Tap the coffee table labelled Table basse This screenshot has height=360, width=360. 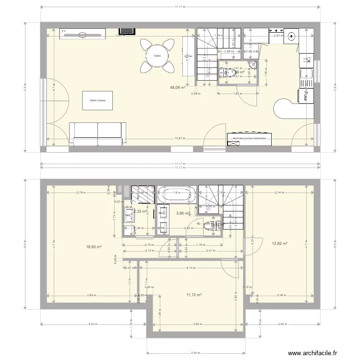pyautogui.click(x=97, y=101)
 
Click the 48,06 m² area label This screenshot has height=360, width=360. pyautogui.click(x=177, y=88)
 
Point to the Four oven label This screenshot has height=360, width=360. pyautogui.click(x=304, y=96)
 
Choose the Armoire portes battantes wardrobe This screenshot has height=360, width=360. pyautogui.click(x=249, y=138)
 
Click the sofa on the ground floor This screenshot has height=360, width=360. pyautogui.click(x=97, y=133)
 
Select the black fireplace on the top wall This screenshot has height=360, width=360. pyautogui.click(x=130, y=30)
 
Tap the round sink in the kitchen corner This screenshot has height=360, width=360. pyautogui.click(x=293, y=35)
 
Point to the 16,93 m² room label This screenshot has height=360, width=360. pyautogui.click(x=94, y=247)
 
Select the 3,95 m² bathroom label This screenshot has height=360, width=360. pyautogui.click(x=182, y=213)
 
